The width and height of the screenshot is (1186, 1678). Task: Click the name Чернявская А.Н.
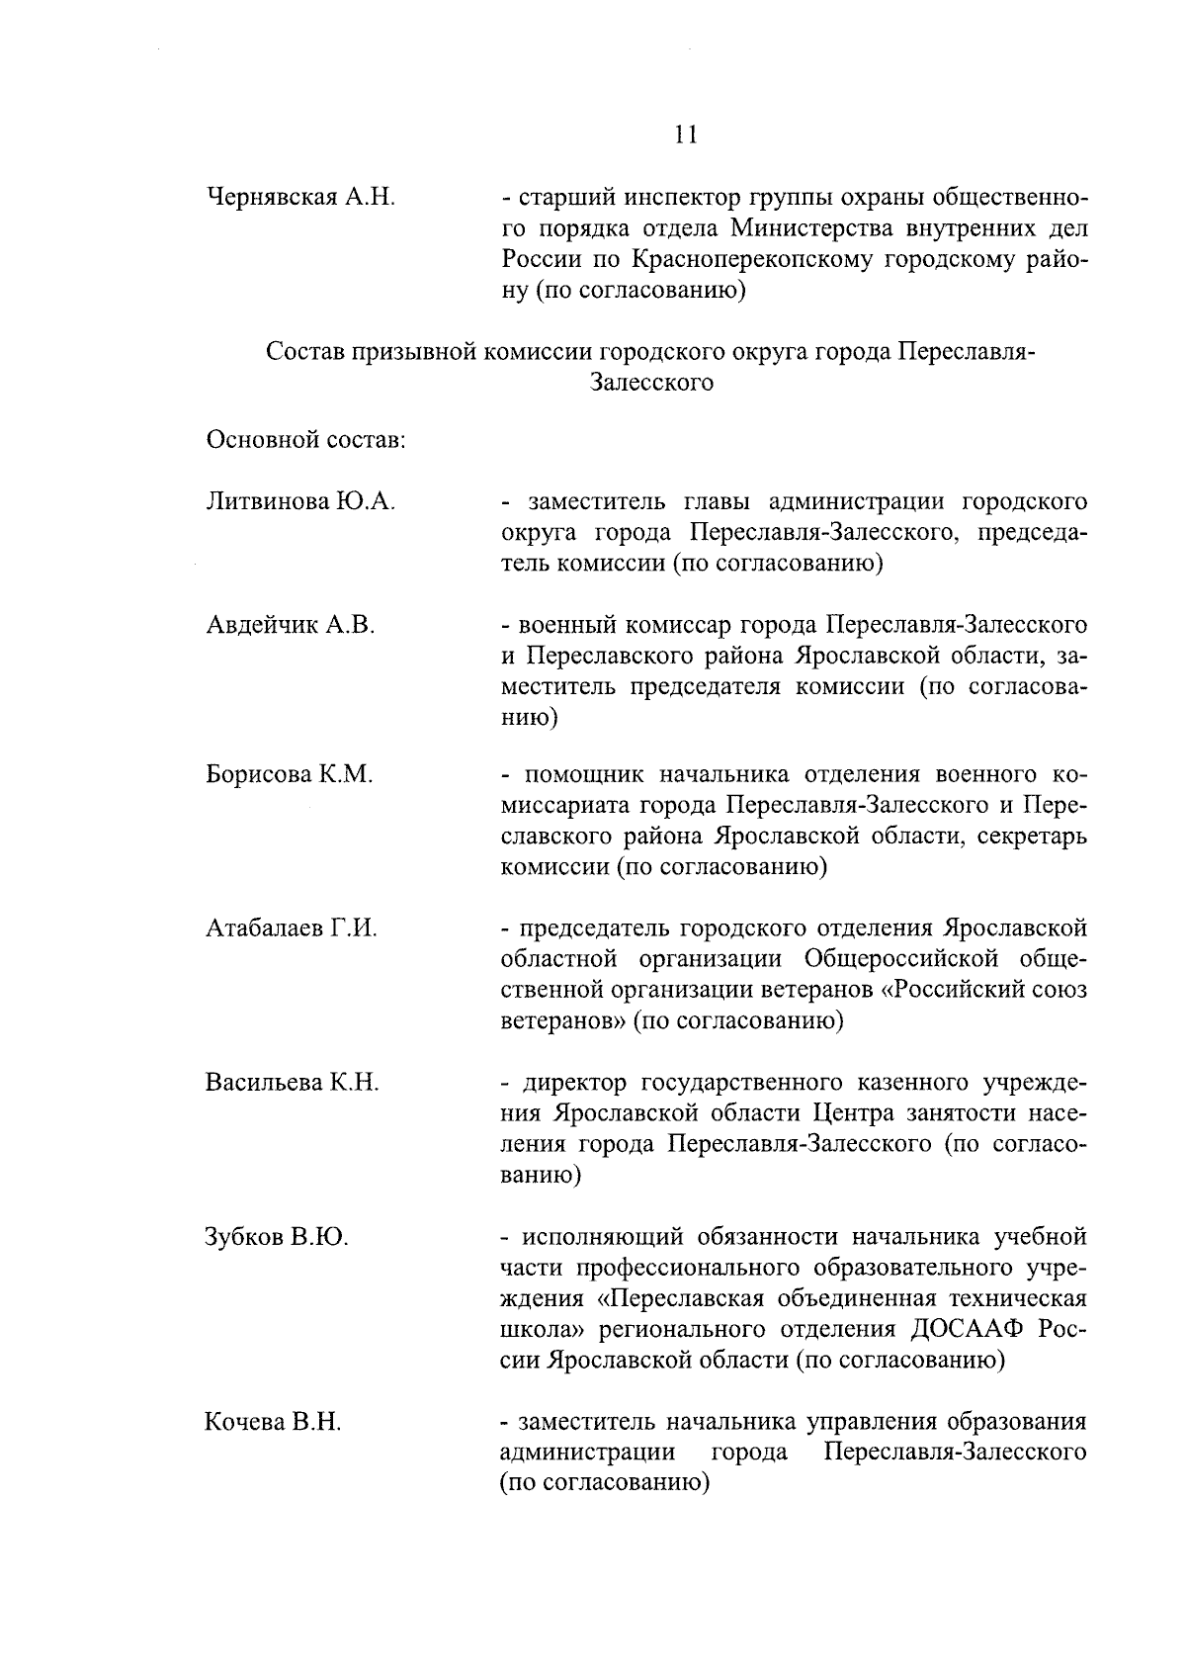(x=300, y=197)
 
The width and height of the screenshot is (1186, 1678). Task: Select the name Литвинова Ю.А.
(x=300, y=502)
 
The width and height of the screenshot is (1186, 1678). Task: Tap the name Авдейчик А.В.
(x=291, y=625)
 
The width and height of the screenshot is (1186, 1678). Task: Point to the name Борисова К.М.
(x=290, y=774)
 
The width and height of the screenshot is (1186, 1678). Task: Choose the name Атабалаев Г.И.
(x=292, y=928)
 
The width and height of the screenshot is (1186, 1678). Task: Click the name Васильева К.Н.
(x=293, y=1083)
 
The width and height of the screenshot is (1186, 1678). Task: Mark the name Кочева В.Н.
(x=273, y=1423)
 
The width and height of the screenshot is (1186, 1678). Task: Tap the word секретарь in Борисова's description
(x=1031, y=837)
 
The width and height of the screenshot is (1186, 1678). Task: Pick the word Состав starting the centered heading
(x=301, y=352)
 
